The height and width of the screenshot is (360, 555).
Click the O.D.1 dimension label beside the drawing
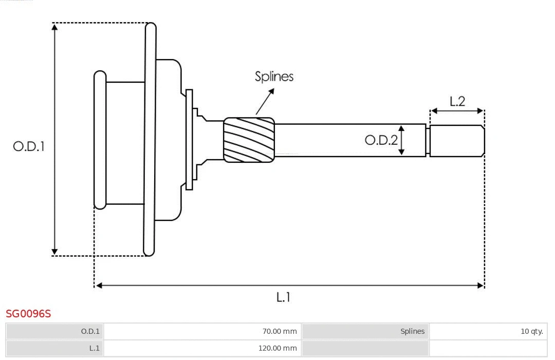tap(29, 146)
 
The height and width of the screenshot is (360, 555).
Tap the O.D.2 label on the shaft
tap(381, 140)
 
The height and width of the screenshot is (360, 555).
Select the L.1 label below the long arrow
tap(284, 297)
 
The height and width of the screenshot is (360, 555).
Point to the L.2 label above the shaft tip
tap(457, 101)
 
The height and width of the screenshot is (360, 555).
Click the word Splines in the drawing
tap(274, 77)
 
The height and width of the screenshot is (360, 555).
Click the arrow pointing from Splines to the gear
tap(265, 101)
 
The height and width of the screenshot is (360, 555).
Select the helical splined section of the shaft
tap(249, 140)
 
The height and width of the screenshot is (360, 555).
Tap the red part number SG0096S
tap(28, 313)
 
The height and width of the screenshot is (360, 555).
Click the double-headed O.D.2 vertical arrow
tap(401, 140)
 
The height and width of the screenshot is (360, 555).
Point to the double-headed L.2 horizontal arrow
tap(457, 110)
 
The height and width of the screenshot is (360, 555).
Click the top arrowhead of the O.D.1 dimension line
tap(54, 27)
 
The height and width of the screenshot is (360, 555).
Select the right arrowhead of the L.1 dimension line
tap(480, 285)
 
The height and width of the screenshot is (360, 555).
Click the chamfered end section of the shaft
tap(457, 140)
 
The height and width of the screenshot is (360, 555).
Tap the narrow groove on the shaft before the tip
tap(428, 140)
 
